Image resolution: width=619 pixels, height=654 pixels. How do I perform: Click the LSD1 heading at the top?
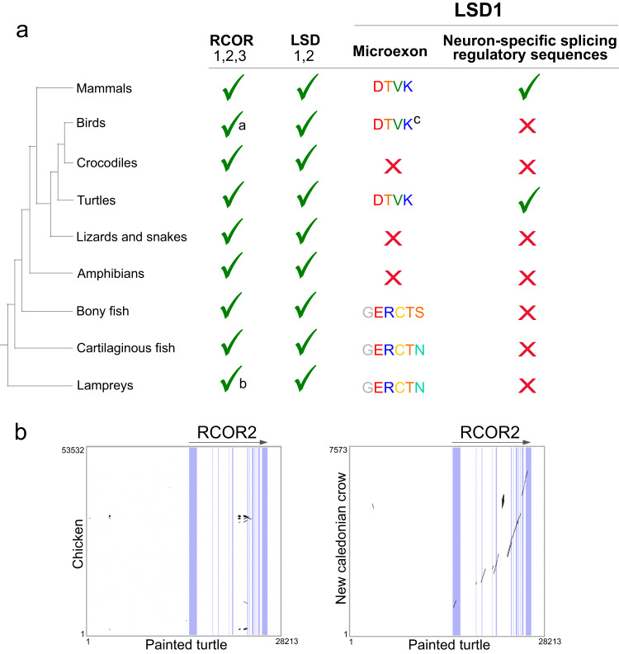coord(475,16)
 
